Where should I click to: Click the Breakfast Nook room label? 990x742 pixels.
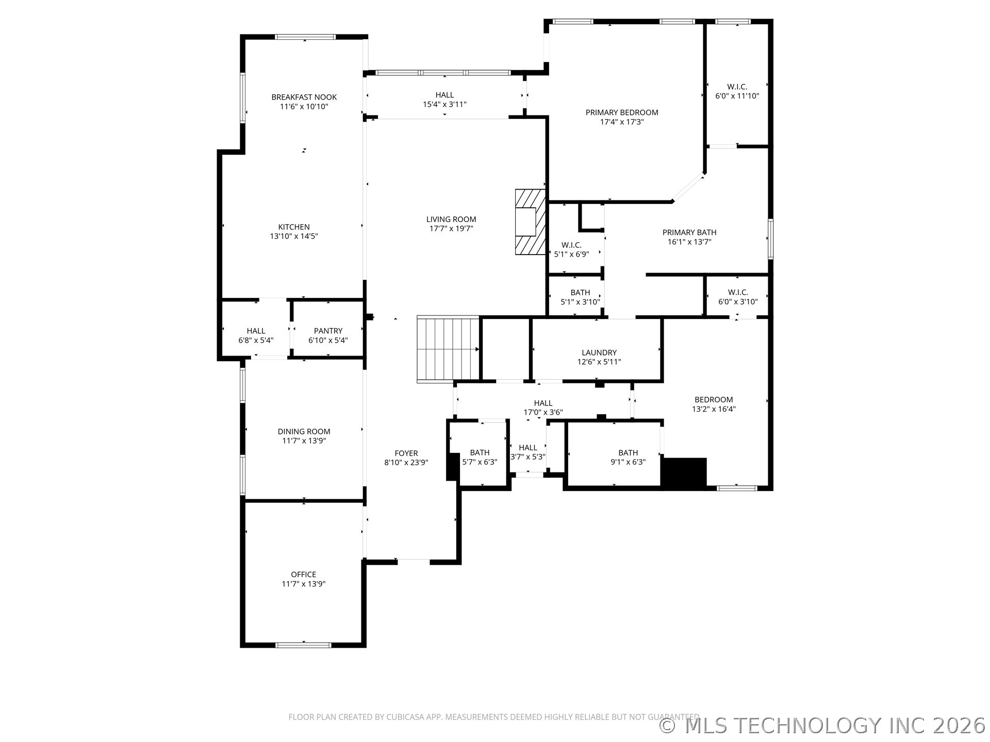304,97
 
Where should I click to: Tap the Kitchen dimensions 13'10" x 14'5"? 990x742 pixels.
294,237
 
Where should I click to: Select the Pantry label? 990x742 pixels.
328,331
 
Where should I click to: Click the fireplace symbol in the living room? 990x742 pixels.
530,222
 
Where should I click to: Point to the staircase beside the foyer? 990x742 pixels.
448,349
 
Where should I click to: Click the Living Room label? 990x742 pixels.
451,220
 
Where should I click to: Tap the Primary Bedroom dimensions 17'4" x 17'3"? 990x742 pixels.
622,122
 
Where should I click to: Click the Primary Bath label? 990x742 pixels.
689,232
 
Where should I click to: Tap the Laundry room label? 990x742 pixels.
599,352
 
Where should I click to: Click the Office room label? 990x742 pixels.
303,575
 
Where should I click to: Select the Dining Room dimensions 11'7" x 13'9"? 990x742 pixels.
304,441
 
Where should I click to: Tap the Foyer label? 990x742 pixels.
406,453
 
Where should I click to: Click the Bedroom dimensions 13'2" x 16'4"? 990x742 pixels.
714,409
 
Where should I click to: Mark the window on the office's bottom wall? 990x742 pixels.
303,645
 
